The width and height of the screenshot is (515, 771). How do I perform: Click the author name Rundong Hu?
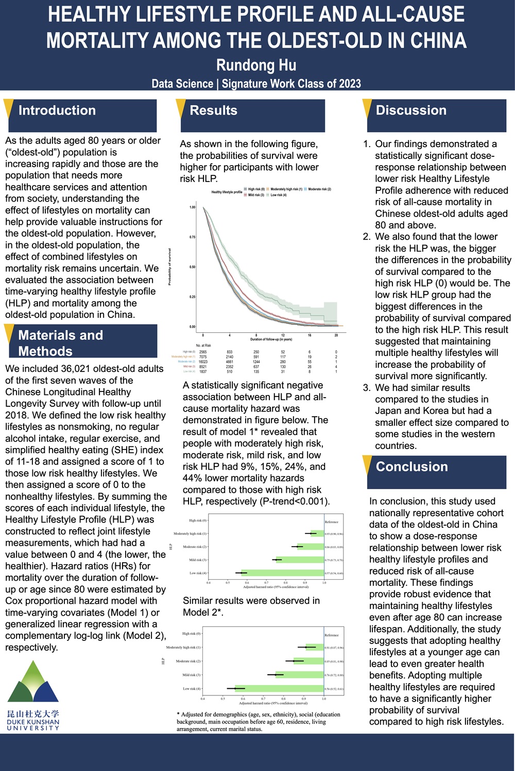(256, 65)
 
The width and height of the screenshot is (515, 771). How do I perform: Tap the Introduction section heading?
(57, 111)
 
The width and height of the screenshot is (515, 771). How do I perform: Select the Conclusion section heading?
(411, 467)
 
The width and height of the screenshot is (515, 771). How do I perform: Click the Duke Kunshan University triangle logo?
(33, 682)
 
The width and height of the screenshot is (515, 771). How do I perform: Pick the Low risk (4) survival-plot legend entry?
(278, 195)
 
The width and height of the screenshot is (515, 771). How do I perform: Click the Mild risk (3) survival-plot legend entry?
(255, 195)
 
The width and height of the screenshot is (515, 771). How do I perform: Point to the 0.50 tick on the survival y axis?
(192, 267)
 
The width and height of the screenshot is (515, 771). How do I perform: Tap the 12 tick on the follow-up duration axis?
(283, 335)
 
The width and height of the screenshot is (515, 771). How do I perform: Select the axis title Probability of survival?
(169, 266)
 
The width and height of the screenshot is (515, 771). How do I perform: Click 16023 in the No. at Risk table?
(203, 362)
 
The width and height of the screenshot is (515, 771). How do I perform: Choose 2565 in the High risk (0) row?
(203, 352)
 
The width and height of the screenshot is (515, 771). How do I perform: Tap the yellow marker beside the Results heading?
(181, 110)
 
